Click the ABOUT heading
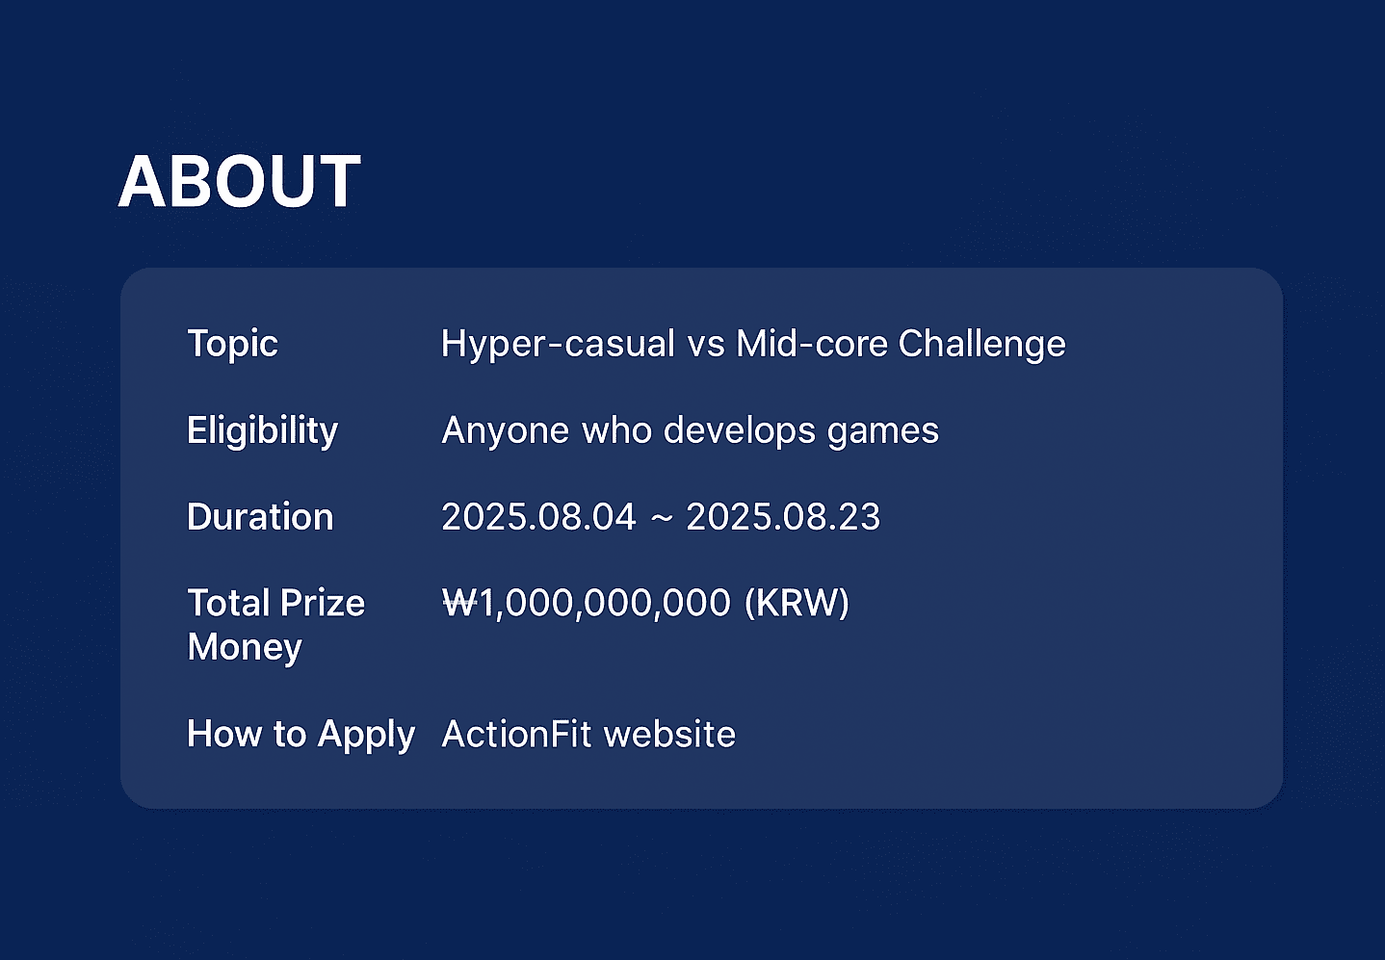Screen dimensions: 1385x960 click(239, 181)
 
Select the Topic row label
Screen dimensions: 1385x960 click(232, 344)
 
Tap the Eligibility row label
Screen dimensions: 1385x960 click(262, 430)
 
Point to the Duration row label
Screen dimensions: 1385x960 click(260, 516)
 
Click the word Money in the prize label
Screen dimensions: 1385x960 click(245, 647)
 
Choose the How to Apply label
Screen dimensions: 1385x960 click(301, 735)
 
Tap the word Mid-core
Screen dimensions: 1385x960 click(812, 343)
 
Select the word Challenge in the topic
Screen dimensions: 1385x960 click(981, 344)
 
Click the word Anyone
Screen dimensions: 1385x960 click(505, 430)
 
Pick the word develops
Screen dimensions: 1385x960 click(740, 430)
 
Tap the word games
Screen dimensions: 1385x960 click(883, 432)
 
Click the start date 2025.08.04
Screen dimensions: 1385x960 click(538, 516)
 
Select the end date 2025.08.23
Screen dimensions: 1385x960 click(783, 516)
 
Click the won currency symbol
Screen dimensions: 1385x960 click(460, 603)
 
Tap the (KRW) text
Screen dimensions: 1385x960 click(797, 604)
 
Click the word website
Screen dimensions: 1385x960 click(669, 734)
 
